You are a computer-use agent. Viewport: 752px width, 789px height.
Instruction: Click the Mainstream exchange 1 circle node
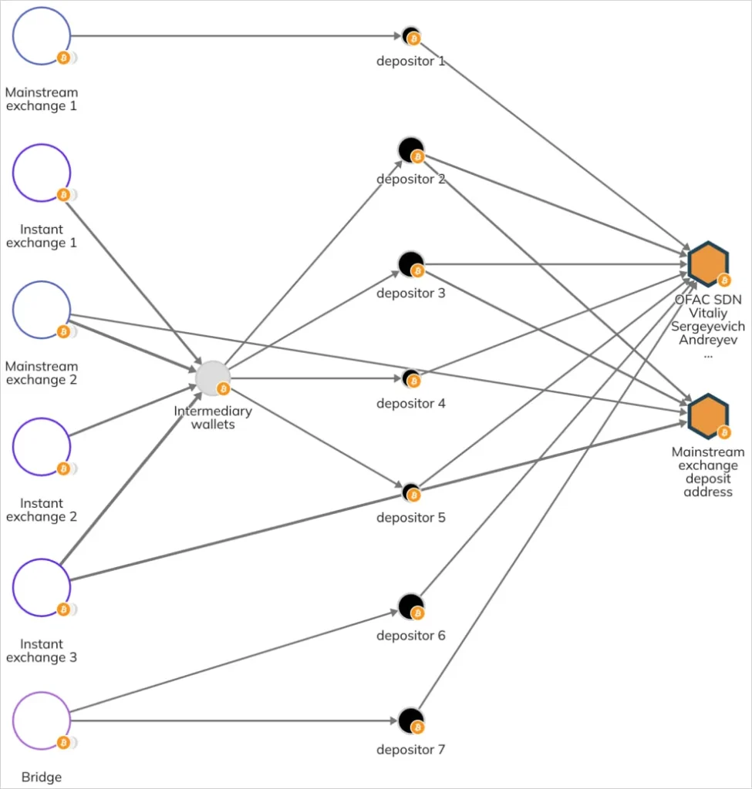tap(42, 35)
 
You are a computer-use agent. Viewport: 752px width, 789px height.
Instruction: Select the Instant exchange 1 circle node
tap(42, 173)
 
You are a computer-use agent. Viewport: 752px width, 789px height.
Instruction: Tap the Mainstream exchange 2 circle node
tap(42, 310)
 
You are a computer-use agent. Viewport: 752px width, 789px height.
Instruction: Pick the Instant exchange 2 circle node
tap(42, 447)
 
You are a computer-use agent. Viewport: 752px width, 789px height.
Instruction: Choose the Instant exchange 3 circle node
tap(42, 587)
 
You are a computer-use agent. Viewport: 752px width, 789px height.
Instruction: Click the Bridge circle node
tap(42, 721)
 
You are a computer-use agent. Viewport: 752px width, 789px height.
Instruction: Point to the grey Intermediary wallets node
tap(213, 378)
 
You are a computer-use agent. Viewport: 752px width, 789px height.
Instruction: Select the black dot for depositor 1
tap(410, 35)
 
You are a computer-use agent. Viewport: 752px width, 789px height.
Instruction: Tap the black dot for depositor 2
tap(411, 149)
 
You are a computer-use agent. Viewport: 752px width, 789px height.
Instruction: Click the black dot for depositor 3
tap(411, 264)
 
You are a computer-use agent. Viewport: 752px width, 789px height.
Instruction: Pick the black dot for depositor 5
tap(411, 491)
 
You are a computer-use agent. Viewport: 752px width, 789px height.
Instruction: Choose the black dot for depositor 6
tap(411, 606)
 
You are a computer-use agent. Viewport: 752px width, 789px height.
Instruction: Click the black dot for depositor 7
tap(411, 720)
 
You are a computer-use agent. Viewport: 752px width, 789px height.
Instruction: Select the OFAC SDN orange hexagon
tap(708, 264)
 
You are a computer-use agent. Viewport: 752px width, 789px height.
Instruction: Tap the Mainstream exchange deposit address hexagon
tap(708, 415)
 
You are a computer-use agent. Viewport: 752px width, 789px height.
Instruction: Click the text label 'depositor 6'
tap(411, 636)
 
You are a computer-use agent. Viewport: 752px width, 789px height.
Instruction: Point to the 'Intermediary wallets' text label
tap(213, 417)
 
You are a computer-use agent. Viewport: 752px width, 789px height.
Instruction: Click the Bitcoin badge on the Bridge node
tap(63, 743)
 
